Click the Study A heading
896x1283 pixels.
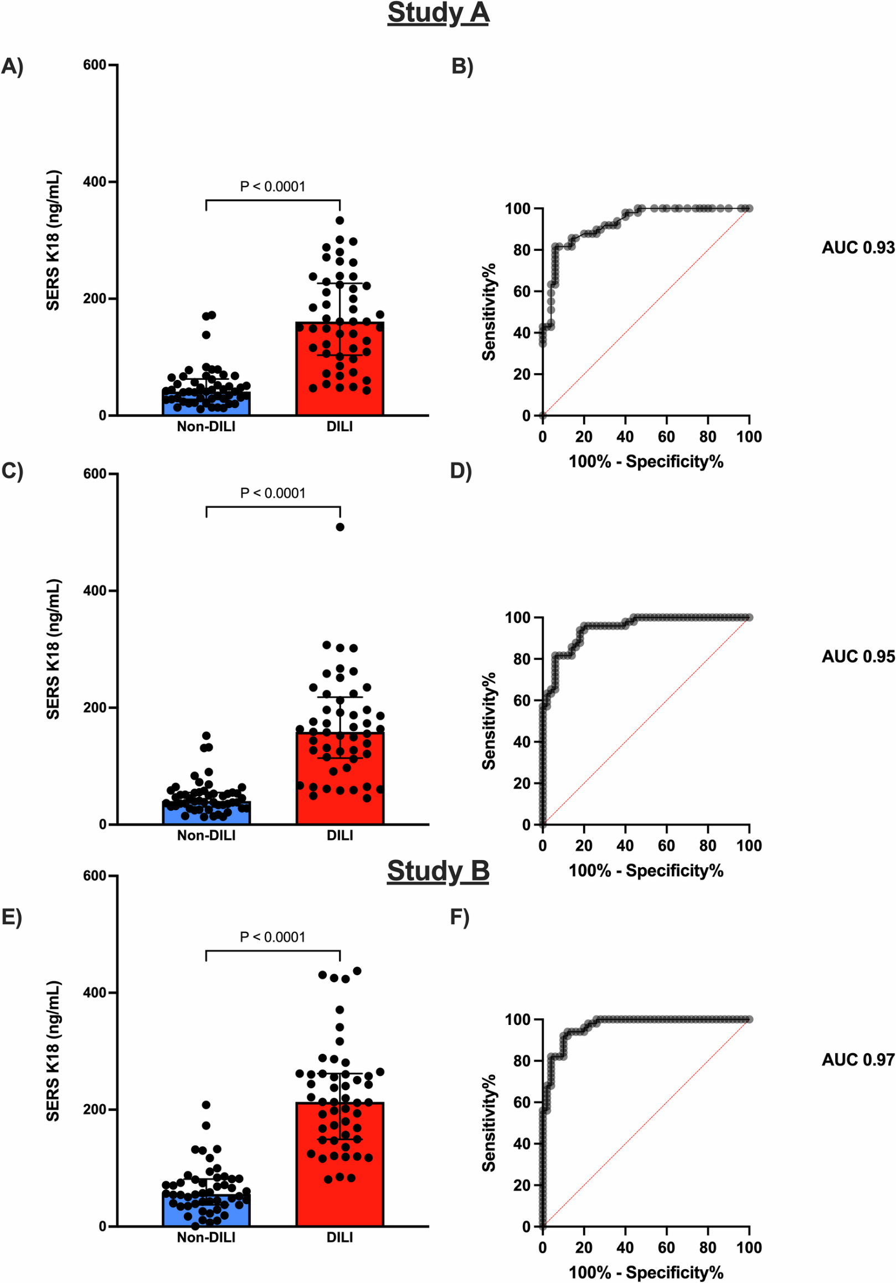438,13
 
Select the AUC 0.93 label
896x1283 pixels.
857,248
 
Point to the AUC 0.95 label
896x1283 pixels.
857,657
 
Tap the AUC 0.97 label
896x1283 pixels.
857,1060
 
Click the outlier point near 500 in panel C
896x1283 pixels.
340,527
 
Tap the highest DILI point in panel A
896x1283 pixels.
340,220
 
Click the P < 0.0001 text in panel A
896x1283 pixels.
273,187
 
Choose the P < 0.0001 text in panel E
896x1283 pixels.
273,937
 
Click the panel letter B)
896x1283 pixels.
462,66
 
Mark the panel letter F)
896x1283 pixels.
460,918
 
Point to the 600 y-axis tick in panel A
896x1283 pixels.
95,65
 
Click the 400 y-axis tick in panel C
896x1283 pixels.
95,591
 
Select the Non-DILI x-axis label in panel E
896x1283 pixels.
206,1238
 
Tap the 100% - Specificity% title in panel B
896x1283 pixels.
646,462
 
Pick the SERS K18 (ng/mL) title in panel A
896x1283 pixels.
53,240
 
